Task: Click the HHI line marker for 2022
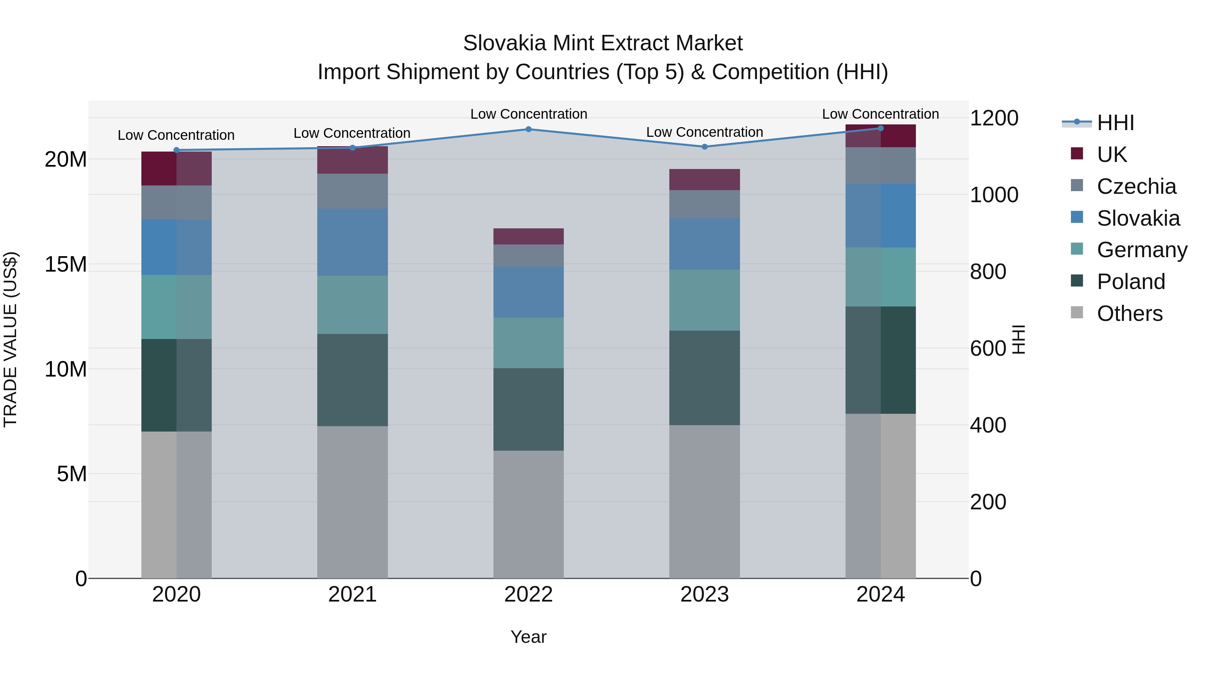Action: pos(529,129)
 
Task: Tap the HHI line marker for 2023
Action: pos(705,147)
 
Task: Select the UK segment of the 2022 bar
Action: pos(529,237)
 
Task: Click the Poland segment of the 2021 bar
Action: pos(352,380)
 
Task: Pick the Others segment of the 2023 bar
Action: pos(705,501)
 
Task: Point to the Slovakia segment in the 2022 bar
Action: pos(529,292)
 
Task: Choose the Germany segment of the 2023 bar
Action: pos(705,300)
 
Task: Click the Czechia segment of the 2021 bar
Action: pos(352,191)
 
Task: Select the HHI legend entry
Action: pos(1115,123)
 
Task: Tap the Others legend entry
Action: pos(1129,314)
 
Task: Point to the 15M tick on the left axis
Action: pos(66,264)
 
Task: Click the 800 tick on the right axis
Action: pos(988,272)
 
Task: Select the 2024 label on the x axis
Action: pos(881,595)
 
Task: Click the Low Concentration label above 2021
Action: pos(352,133)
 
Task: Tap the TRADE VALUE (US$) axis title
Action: pos(10,339)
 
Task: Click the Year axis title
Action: pos(529,637)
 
